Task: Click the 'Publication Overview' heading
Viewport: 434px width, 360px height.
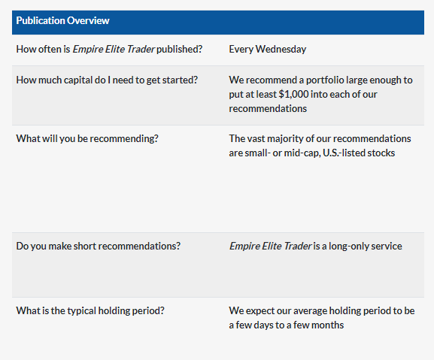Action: [x=63, y=21]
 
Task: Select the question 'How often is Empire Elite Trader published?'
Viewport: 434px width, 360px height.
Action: [x=109, y=49]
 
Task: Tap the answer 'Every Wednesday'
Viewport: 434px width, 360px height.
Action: [x=267, y=49]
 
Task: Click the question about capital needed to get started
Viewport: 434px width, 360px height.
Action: [x=107, y=80]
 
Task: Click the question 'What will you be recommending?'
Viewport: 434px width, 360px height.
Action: [x=87, y=138]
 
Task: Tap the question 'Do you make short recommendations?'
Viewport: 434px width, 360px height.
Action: [x=99, y=246]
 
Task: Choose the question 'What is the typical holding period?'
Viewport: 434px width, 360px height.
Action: [x=90, y=311]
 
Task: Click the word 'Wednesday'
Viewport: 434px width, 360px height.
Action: [x=281, y=49]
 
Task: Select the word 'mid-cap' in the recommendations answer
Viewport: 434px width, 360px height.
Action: [x=302, y=153]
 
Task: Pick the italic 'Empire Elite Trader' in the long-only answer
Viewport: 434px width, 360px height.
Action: [x=271, y=246]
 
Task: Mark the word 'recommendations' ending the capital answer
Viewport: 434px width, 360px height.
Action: [x=268, y=109]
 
